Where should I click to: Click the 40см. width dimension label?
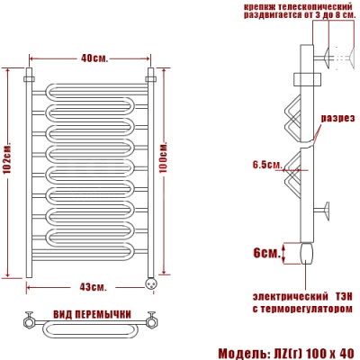pos(94,58)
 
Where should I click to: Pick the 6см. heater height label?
pos(266,254)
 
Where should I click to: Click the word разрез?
pos(338,118)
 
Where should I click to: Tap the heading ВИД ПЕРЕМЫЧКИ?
pos(93,314)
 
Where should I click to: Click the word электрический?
pos(290,297)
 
